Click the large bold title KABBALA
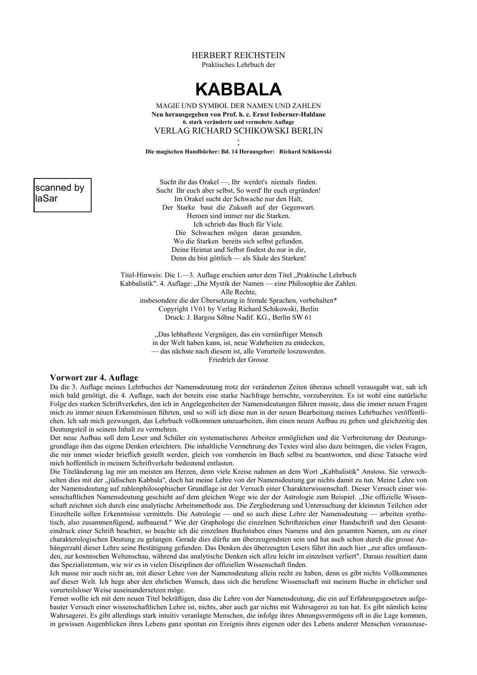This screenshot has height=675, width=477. click(238, 89)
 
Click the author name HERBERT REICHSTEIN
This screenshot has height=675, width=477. click(238, 55)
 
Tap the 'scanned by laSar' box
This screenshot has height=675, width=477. click(62, 195)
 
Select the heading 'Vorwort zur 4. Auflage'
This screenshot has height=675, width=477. click(94, 378)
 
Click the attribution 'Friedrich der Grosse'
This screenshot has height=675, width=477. click(238, 360)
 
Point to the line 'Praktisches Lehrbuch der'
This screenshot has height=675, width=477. click(238, 65)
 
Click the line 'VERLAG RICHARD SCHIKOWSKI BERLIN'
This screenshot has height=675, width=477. click(238, 131)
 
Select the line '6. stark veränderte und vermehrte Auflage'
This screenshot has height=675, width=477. click(238, 122)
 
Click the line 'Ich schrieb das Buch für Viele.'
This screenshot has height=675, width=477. click(238, 224)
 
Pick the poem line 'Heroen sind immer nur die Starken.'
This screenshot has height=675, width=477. click(238, 216)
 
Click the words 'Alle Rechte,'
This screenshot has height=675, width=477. click(238, 292)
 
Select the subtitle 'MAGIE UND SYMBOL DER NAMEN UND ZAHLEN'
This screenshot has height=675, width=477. click(238, 106)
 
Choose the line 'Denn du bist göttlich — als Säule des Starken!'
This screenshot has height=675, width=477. click(238, 258)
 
